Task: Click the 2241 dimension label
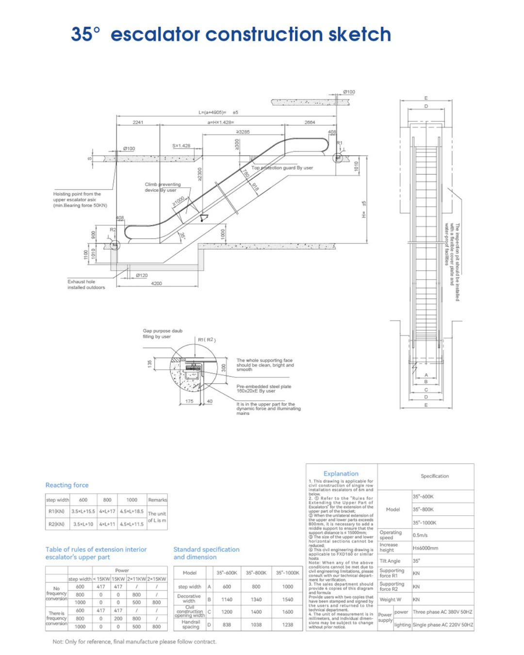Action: (x=138, y=122)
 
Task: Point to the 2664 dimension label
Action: (x=310, y=122)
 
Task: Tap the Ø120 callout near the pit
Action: (x=142, y=275)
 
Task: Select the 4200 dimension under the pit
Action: (x=156, y=283)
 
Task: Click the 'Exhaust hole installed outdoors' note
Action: (x=86, y=284)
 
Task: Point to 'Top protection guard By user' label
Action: (x=282, y=168)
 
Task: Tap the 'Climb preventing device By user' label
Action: (x=162, y=187)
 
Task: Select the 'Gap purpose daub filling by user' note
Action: (x=162, y=333)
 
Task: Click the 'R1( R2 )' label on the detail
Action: (x=207, y=340)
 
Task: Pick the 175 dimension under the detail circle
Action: (x=189, y=401)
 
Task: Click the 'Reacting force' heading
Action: (x=67, y=485)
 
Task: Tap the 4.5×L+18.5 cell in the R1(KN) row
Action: (x=131, y=511)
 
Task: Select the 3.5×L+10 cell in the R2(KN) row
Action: (x=83, y=524)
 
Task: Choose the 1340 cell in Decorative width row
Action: (x=256, y=599)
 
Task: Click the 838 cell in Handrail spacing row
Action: (x=227, y=625)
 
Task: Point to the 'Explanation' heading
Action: (x=341, y=474)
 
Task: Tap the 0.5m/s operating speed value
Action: (x=421, y=535)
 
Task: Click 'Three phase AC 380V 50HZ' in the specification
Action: (x=442, y=612)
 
